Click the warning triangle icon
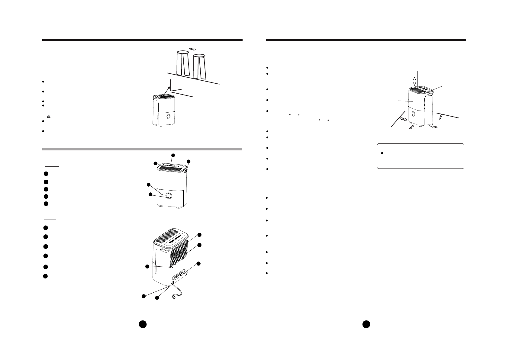[x=48, y=116]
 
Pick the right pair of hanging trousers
[x=199, y=66]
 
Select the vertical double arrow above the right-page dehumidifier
[x=415, y=80]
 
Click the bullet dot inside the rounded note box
[x=382, y=153]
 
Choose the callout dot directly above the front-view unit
[x=173, y=155]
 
